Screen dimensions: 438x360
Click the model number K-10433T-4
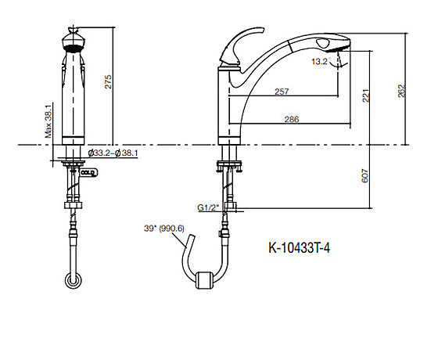coord(299,247)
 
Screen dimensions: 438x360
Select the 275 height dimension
coord(108,81)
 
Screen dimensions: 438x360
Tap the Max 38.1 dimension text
coord(48,121)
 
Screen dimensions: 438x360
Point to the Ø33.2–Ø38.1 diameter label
coord(113,153)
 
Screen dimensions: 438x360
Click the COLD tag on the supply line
coord(88,173)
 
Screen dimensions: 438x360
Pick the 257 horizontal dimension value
coord(282,92)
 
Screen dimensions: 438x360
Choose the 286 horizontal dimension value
coord(292,119)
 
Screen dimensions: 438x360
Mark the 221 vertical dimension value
coord(366,95)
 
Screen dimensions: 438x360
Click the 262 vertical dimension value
coord(401,91)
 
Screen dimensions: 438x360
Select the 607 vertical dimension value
coord(365,176)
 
